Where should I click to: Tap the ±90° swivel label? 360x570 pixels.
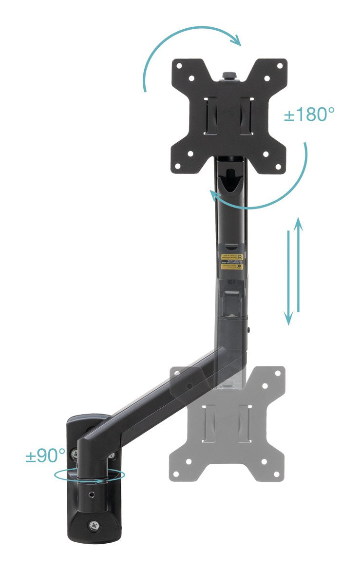click(45, 456)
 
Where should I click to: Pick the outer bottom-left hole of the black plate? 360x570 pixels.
click(177, 166)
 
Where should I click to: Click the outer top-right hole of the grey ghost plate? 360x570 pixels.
click(278, 373)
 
